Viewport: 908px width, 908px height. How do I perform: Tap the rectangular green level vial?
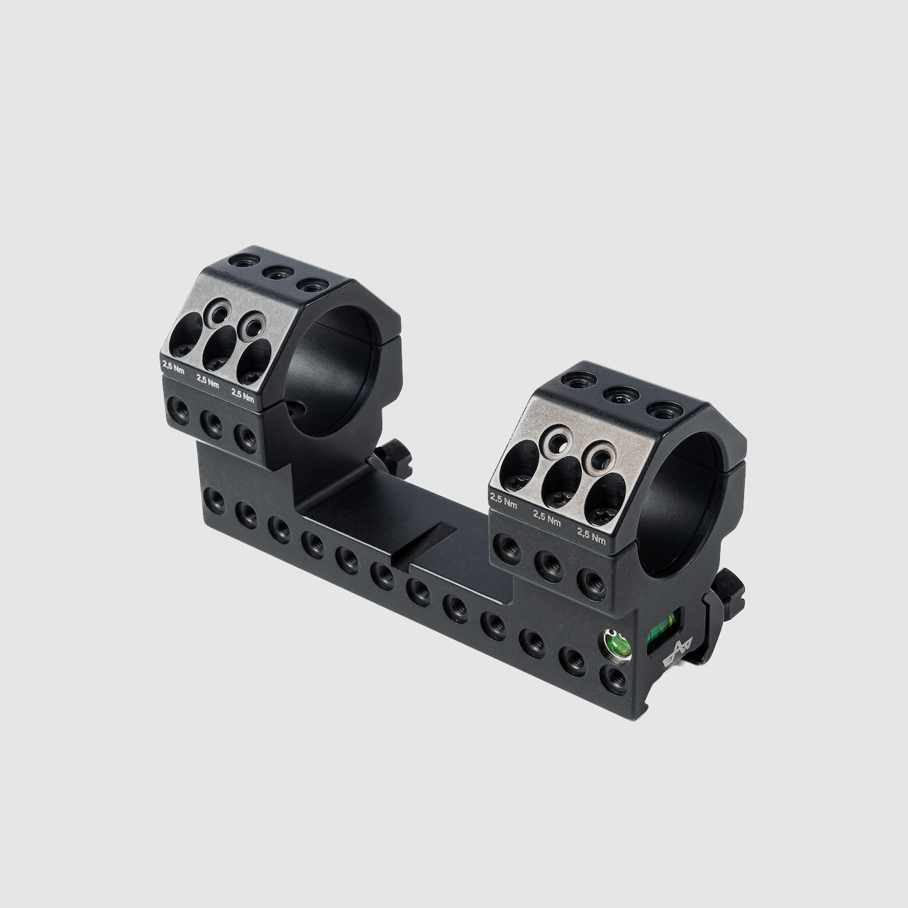click(x=663, y=630)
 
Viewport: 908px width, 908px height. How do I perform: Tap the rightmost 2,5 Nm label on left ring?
click(x=243, y=395)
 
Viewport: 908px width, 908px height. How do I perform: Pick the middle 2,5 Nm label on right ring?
click(x=547, y=519)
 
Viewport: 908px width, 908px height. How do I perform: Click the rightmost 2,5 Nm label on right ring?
click(x=592, y=536)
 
